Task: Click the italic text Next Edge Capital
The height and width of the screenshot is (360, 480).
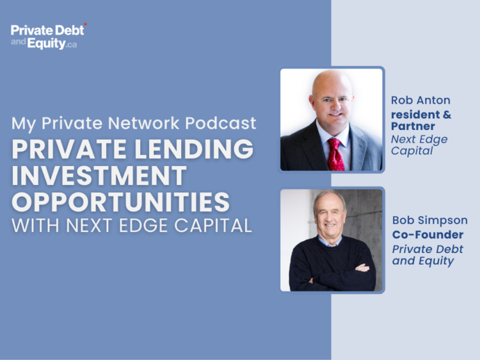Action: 419,145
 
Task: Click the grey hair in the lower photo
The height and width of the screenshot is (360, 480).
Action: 329,199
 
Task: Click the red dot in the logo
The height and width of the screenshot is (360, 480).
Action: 85,24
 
